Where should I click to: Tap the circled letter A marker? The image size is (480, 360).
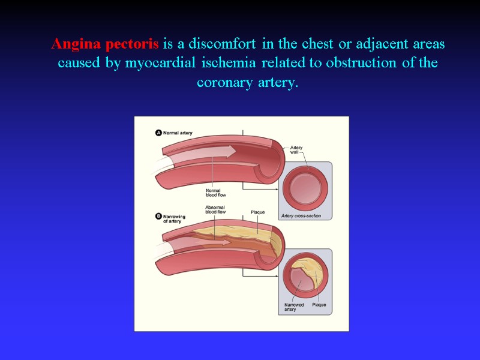click(158, 133)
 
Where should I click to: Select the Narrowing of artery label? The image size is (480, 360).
click(174, 218)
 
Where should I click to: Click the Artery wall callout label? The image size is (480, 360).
click(296, 150)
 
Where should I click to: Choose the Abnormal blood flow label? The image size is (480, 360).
click(215, 209)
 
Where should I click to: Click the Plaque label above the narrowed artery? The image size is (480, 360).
click(257, 212)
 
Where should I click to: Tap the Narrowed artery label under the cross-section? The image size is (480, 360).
click(294, 307)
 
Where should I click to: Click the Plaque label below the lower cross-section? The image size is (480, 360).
click(319, 305)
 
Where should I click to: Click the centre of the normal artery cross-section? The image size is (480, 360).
click(306, 188)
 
